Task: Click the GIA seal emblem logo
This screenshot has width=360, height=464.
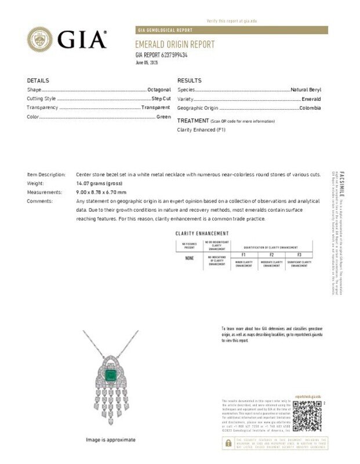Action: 40,39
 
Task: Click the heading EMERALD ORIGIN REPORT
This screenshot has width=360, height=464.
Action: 174,45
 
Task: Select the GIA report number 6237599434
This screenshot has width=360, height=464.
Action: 161,55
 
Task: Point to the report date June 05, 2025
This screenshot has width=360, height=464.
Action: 146,62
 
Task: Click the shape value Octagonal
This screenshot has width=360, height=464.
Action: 159,90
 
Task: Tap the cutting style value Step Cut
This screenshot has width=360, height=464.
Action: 161,99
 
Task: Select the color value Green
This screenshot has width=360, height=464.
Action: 163,117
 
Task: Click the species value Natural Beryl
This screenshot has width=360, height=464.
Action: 306,90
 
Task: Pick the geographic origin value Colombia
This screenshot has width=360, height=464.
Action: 310,108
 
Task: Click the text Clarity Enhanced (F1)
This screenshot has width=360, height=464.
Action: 201,130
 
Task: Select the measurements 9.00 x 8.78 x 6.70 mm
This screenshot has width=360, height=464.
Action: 101,192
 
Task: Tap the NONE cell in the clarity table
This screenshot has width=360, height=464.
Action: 190,258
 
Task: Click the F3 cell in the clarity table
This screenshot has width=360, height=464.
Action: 299,255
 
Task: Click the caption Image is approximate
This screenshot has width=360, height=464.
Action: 111,440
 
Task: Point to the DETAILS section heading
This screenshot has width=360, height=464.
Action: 38,81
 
